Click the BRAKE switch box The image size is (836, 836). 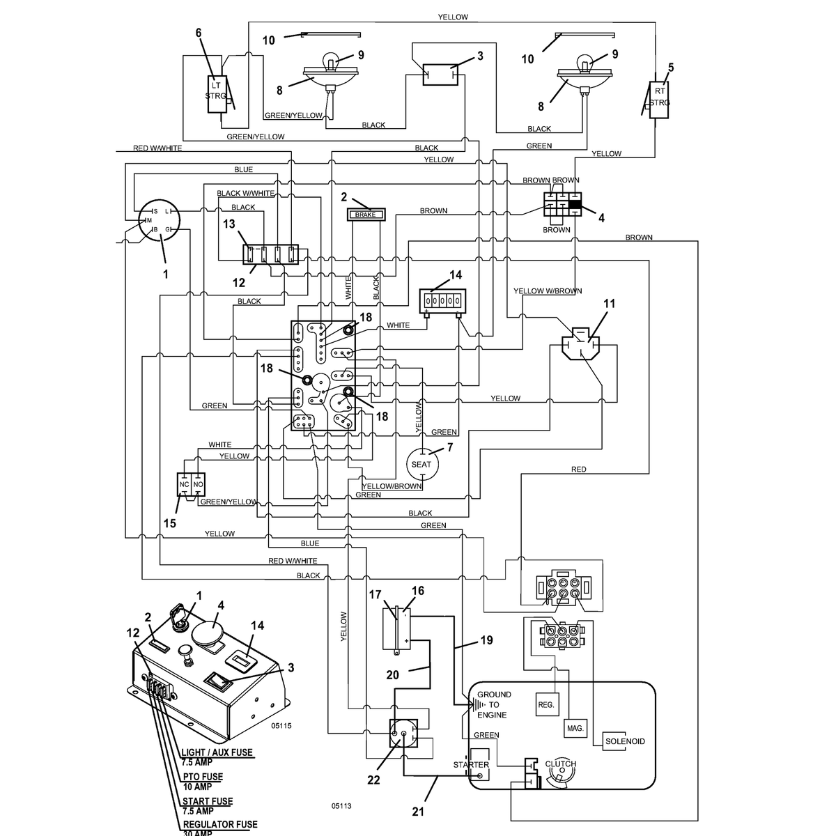pyautogui.click(x=366, y=215)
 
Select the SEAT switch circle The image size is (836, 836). pyautogui.click(x=421, y=464)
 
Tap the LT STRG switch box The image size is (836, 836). pyautogui.click(x=217, y=95)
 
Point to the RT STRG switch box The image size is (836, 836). pyautogui.click(x=659, y=100)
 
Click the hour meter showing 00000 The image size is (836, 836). pyautogui.click(x=442, y=301)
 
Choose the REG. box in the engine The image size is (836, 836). pyautogui.click(x=547, y=704)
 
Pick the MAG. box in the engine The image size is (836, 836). pyautogui.click(x=575, y=728)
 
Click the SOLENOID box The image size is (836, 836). pyautogui.click(x=625, y=741)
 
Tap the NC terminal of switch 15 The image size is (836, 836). pyautogui.click(x=185, y=484)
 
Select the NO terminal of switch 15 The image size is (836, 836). pyautogui.click(x=199, y=484)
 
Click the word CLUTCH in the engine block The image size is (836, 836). pyautogui.click(x=561, y=764)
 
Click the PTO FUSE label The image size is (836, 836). pyautogui.click(x=203, y=777)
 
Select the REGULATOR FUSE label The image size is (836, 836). pyautogui.click(x=220, y=824)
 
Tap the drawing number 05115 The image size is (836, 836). pyautogui.click(x=281, y=725)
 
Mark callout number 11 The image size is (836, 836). pyautogui.click(x=609, y=303)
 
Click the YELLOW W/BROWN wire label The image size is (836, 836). pyautogui.click(x=548, y=291)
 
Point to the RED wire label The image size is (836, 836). pyautogui.click(x=579, y=469)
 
